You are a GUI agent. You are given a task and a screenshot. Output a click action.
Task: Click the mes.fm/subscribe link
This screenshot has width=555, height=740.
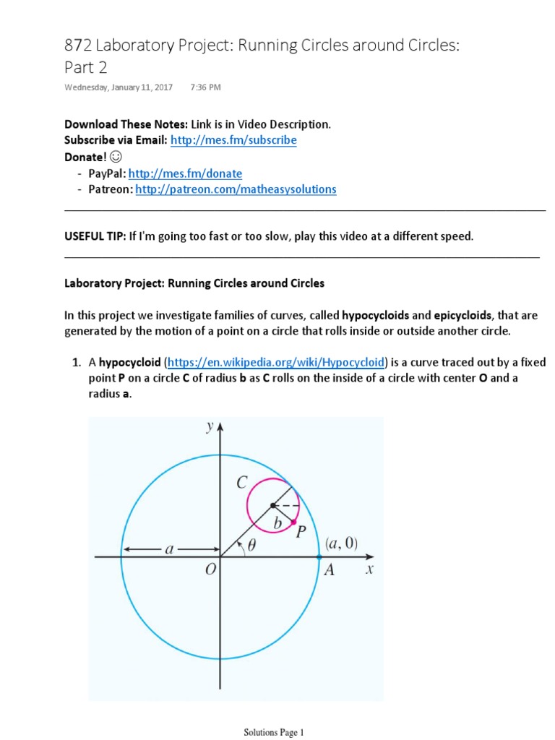(233, 140)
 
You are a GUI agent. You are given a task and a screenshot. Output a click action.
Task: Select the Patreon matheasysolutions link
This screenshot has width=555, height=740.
(236, 189)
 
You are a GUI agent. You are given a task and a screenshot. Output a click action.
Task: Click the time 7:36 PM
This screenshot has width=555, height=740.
(205, 87)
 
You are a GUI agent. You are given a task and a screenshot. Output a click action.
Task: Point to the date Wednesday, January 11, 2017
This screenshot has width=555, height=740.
(119, 87)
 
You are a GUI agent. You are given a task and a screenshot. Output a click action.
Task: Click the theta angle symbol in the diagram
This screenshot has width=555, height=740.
(251, 546)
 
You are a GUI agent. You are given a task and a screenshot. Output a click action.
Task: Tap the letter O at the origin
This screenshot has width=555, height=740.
(210, 570)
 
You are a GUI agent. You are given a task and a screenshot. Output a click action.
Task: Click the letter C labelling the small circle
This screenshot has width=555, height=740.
(242, 484)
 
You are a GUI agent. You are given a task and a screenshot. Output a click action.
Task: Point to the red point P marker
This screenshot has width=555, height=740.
(294, 522)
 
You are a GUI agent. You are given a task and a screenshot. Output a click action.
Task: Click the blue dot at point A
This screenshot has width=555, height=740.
(319, 556)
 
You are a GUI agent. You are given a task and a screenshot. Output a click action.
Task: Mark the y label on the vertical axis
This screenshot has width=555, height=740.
(210, 426)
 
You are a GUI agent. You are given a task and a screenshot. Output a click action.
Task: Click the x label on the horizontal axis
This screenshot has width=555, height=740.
(369, 569)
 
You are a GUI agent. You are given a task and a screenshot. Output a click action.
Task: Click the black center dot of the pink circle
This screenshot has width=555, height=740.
(272, 505)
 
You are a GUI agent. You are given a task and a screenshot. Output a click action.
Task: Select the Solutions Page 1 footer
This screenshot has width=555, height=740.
(274, 732)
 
